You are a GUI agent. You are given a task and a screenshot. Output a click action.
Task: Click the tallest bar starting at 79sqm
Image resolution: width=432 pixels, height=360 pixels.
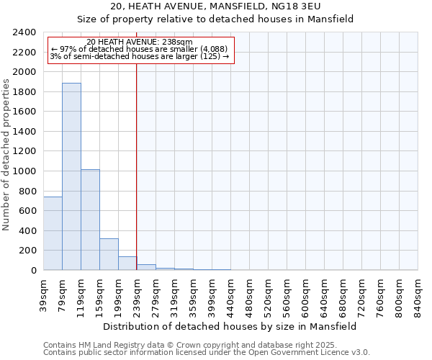[x=71, y=176]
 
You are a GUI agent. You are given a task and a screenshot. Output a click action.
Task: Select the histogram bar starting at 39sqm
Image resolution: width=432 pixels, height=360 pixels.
[x=53, y=233]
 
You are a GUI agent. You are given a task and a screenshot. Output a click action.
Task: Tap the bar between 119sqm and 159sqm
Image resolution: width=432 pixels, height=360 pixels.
[x=90, y=220]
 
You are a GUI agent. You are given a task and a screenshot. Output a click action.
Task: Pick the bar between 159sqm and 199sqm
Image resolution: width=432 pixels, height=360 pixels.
[x=109, y=254]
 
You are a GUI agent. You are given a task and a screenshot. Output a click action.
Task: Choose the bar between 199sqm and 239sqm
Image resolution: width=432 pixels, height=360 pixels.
[x=127, y=264]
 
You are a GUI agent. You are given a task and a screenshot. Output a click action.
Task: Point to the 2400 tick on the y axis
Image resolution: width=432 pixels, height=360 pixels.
[x=24, y=32]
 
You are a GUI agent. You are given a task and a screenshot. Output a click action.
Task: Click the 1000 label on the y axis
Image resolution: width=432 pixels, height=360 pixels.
[x=24, y=171]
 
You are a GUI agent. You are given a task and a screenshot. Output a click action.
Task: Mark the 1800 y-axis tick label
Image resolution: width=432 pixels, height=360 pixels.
[x=24, y=92]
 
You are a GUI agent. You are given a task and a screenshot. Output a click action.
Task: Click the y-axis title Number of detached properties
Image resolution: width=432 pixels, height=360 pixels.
[x=6, y=151]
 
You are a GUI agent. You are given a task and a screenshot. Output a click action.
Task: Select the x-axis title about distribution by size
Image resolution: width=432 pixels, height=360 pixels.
[x=230, y=326]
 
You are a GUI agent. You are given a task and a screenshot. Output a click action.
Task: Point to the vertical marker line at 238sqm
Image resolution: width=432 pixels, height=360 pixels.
[x=136, y=166]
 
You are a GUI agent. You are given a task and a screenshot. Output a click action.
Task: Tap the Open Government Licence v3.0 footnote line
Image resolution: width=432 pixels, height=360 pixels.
[x=206, y=352]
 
